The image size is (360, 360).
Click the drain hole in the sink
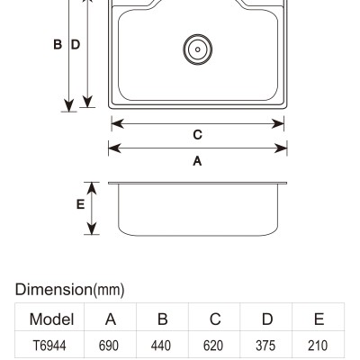pyautogui.click(x=198, y=49)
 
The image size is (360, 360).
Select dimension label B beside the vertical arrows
pyautogui.click(x=58, y=44)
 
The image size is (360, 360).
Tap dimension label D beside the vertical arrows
pyautogui.click(x=76, y=44)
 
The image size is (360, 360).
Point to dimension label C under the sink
pyautogui.click(x=197, y=135)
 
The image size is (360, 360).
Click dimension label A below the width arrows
pyautogui.click(x=197, y=161)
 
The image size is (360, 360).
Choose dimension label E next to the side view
pyautogui.click(x=80, y=204)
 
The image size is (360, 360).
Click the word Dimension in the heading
pyautogui.click(x=54, y=290)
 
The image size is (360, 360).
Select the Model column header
pyautogui.click(x=51, y=319)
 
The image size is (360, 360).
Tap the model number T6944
pyautogui.click(x=49, y=346)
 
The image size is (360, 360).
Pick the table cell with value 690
pyautogui.click(x=109, y=346)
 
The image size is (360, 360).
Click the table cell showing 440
pyautogui.click(x=161, y=346)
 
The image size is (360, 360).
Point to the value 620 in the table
pyautogui.click(x=213, y=346)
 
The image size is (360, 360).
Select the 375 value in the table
pyautogui.click(x=265, y=346)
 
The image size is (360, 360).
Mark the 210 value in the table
pyautogui.click(x=318, y=346)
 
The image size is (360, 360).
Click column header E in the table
pyautogui.click(x=319, y=319)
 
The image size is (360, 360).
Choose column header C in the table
pyautogui.click(x=215, y=319)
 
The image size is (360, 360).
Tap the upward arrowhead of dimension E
pyautogui.click(x=92, y=187)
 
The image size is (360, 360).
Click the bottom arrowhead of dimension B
pyautogui.click(x=69, y=105)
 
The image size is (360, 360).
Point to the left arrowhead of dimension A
pyautogui.click(x=114, y=148)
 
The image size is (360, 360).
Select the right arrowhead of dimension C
pyautogui.click(x=278, y=123)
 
